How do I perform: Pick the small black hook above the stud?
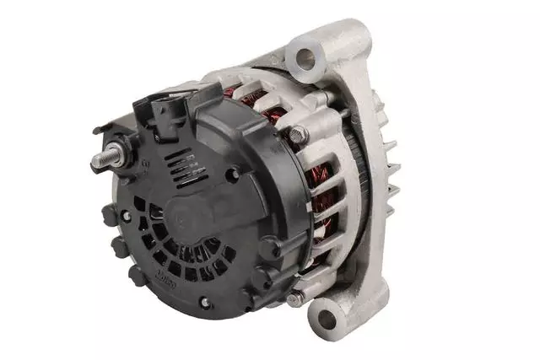(x=103, y=131)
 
